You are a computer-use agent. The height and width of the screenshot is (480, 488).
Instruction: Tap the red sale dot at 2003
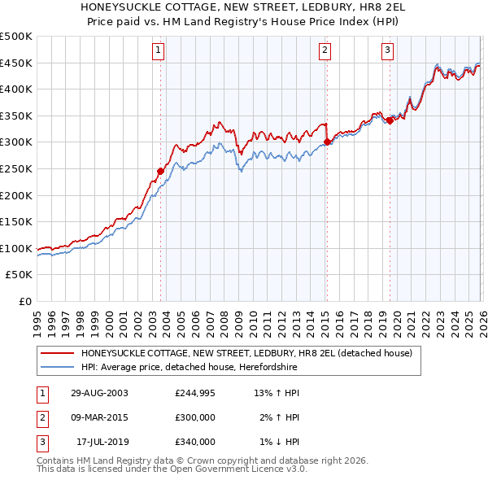click(161, 171)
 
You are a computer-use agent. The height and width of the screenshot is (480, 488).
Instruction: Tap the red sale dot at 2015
click(326, 142)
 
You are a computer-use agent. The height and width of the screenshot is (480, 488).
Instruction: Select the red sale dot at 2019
click(390, 120)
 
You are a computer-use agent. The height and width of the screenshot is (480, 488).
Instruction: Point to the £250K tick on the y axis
click(16, 168)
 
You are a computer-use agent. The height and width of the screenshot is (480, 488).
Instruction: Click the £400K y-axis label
click(16, 89)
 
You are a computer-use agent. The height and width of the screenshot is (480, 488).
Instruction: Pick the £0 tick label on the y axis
click(24, 301)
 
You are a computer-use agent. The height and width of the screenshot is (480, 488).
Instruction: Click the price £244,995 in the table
click(195, 393)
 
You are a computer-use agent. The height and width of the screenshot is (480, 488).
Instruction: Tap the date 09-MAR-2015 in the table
click(99, 417)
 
